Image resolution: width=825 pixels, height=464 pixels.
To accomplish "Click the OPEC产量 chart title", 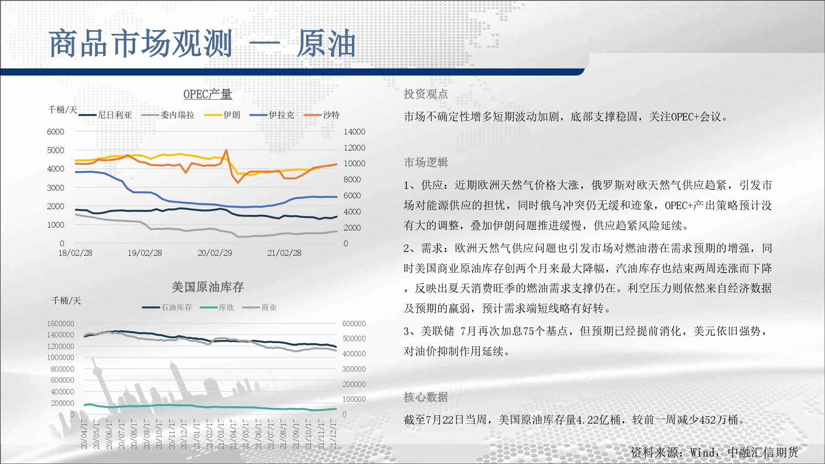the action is (207, 94).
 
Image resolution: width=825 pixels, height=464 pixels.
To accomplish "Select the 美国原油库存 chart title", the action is (207, 287).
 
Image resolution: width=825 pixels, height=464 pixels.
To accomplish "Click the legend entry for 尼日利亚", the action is (105, 115).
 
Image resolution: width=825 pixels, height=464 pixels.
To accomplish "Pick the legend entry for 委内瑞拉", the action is (168, 115).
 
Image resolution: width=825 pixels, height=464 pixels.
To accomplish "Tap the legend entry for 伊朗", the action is (222, 115).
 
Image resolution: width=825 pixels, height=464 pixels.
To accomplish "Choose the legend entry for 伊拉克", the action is (272, 115).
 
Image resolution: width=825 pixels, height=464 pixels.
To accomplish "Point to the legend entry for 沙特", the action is (322, 115).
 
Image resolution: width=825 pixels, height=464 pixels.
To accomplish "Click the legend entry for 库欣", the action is (217, 307).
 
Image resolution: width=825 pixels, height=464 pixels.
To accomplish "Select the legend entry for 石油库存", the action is (167, 307).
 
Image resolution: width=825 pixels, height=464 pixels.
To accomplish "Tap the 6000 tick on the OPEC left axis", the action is (56, 132).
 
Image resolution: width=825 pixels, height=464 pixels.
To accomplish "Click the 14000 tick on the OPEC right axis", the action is (354, 132).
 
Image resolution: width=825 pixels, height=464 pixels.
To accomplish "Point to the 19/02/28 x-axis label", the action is (145, 253).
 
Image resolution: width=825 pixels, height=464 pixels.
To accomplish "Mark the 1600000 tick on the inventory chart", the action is (60, 324).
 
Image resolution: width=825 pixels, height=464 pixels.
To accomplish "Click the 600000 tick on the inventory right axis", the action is (354, 324).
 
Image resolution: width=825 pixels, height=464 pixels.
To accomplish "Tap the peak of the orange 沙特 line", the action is (226, 150).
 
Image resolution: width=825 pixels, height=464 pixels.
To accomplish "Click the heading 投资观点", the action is (426, 94).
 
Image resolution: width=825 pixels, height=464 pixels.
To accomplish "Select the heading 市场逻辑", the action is (426, 163).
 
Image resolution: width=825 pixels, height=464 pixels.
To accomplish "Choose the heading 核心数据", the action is (426, 397).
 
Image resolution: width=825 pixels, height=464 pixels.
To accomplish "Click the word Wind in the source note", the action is (702, 452).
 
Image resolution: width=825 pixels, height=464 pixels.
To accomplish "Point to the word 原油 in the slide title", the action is (326, 43).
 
